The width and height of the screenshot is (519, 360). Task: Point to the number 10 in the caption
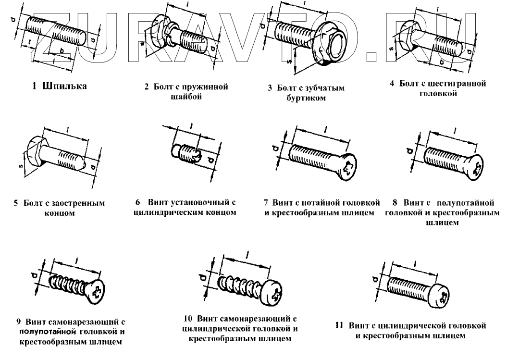pos(188,319)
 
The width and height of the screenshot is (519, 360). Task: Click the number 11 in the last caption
pos(339,325)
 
